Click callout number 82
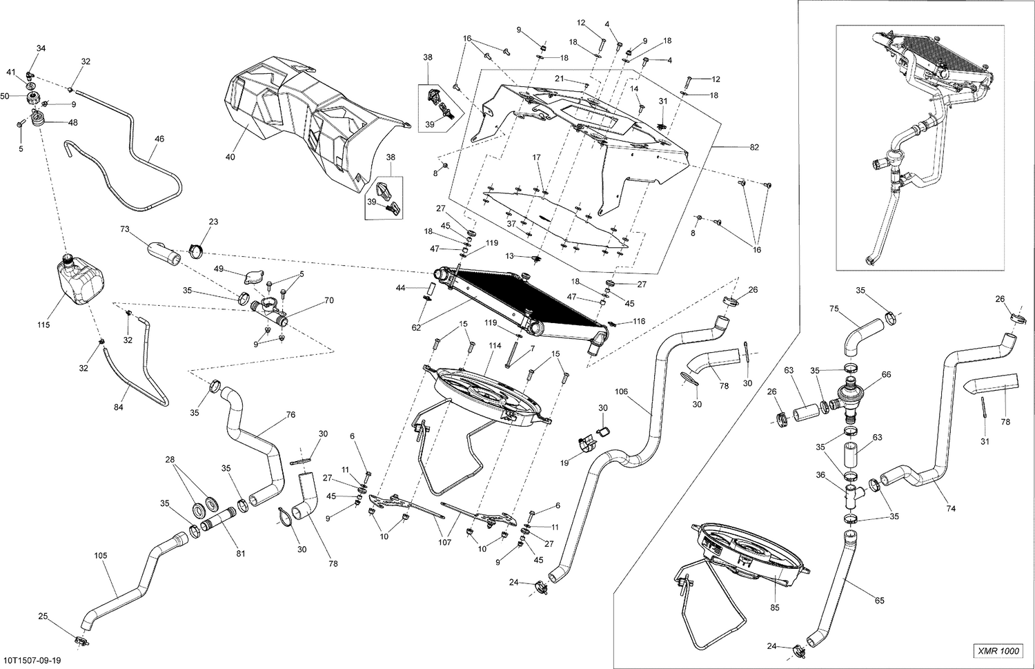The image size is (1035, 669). (x=754, y=148)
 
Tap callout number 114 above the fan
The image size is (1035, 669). (x=494, y=345)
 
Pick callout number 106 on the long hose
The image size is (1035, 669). (x=621, y=391)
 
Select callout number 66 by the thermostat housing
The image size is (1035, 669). (x=887, y=374)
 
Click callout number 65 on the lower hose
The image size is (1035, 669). (x=879, y=601)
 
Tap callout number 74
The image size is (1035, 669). (x=951, y=508)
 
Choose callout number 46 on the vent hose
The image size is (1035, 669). (x=159, y=139)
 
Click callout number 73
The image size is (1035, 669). (x=125, y=228)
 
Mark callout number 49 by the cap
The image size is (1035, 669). (x=219, y=269)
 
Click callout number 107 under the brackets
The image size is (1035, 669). (x=445, y=543)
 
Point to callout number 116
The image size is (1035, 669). (x=639, y=322)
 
